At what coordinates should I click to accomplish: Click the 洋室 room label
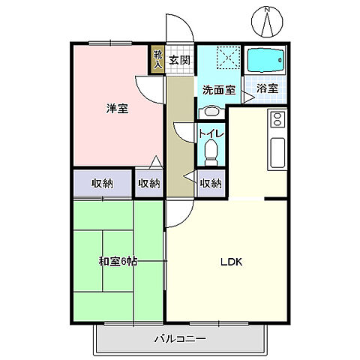tap(115, 109)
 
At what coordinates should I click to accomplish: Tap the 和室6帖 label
tap(117, 262)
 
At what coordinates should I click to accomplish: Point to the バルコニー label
tap(180, 339)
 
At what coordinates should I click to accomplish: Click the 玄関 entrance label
tap(178, 61)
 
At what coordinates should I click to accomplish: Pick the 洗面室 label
tap(217, 89)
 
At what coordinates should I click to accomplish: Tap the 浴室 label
tap(267, 88)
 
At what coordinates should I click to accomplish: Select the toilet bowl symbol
tap(211, 153)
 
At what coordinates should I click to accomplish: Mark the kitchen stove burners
tap(276, 118)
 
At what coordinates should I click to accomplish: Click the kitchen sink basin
tap(276, 153)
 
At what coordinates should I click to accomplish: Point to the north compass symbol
tap(268, 21)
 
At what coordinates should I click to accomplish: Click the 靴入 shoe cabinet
tap(157, 59)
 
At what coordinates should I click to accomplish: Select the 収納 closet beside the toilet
tap(211, 183)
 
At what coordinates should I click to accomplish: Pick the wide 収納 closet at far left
tap(103, 183)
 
